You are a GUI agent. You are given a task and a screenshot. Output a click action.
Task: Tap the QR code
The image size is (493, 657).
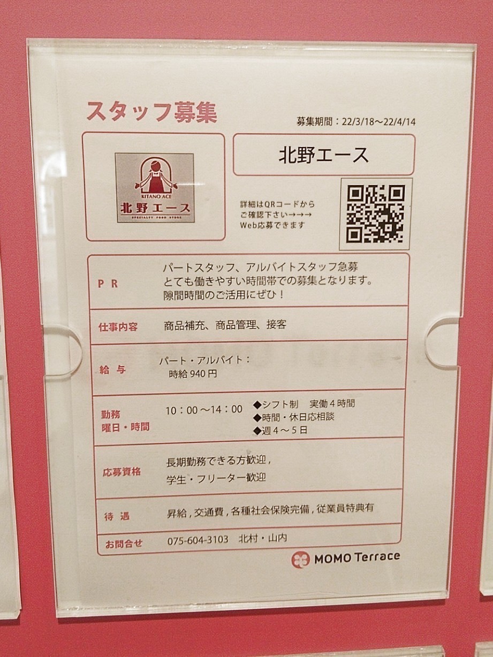(x=376, y=213)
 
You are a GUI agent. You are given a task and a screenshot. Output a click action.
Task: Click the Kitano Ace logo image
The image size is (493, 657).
(x=155, y=188)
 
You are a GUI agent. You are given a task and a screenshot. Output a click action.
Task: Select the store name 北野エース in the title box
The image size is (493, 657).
(x=323, y=155)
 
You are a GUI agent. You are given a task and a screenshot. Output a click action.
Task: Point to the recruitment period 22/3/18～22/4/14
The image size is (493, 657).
(x=378, y=122)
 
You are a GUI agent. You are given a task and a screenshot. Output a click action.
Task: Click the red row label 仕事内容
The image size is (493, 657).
(x=118, y=327)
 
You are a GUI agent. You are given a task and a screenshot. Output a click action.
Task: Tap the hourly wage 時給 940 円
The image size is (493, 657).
(x=193, y=374)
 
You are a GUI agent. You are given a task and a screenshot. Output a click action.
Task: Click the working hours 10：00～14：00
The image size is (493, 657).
(x=204, y=409)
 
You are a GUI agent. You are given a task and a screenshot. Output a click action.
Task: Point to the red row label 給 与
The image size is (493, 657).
(x=112, y=370)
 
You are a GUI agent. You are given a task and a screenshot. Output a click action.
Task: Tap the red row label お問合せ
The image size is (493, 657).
(x=124, y=543)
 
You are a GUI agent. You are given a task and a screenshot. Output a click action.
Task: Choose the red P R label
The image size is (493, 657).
(x=108, y=284)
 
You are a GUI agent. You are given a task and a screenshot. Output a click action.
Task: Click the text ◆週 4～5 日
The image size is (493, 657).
(x=280, y=430)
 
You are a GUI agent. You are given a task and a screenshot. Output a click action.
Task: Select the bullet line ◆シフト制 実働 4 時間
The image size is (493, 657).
(x=304, y=404)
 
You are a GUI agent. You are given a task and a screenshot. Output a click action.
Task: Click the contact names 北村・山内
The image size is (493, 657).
(x=263, y=538)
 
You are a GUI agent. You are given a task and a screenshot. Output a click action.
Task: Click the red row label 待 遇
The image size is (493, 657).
(x=117, y=515)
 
